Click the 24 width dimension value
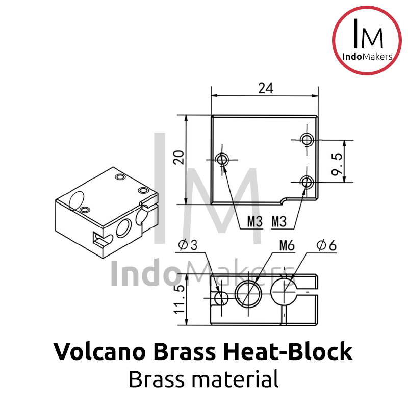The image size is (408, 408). pos(265,88)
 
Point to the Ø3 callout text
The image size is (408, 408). pos(188,246)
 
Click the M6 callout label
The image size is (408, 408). pos(287,246)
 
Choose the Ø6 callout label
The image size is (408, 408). pos(326,246)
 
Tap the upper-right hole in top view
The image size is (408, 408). pos(307,139)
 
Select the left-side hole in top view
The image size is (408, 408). pos(222,159)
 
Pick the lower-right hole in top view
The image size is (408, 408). pos(307,182)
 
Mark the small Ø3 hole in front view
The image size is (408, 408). pos(222,298)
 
